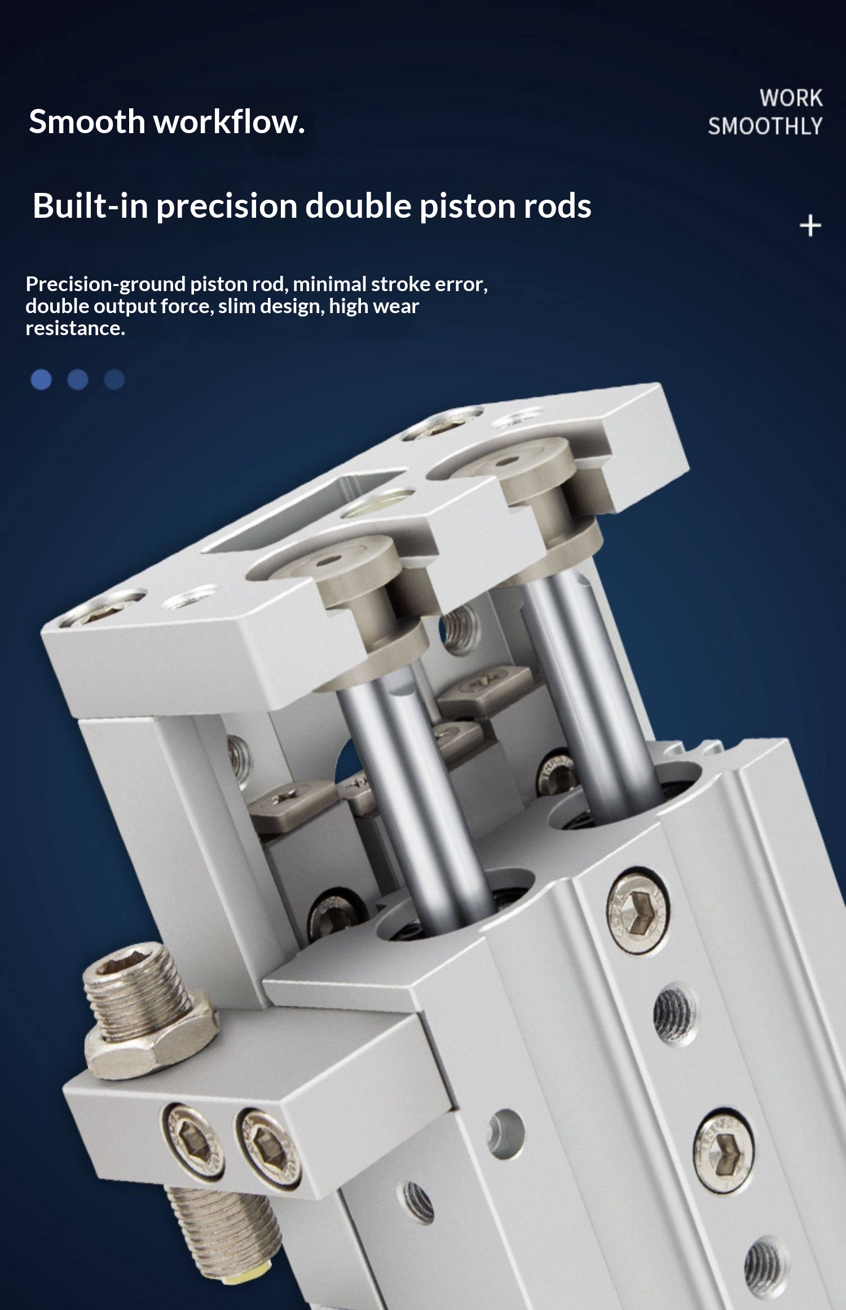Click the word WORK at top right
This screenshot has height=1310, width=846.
(x=791, y=98)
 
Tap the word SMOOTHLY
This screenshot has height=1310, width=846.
(x=765, y=126)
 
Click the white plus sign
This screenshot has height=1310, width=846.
(x=810, y=226)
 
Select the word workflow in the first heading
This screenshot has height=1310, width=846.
(x=229, y=121)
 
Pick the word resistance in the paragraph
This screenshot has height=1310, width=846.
(x=75, y=328)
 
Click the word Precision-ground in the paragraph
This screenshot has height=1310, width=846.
(x=105, y=284)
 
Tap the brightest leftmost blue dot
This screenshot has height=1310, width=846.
(x=41, y=380)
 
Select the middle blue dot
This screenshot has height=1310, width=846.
(x=78, y=380)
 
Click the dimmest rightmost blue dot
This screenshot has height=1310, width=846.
(x=114, y=380)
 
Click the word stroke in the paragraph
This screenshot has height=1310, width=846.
(x=401, y=284)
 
